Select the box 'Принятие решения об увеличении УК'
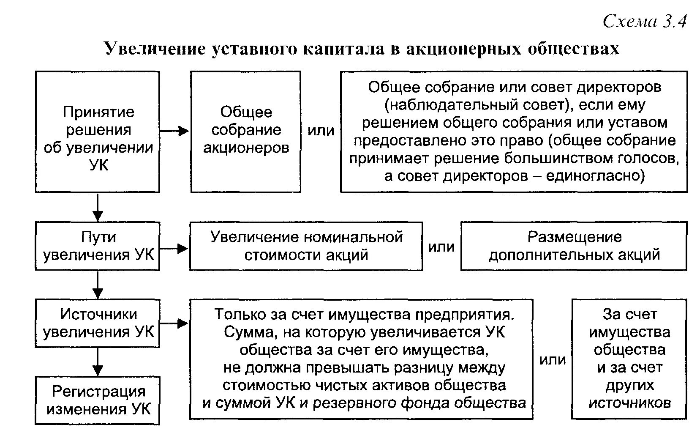(x=98, y=132)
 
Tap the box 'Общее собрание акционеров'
(x=245, y=132)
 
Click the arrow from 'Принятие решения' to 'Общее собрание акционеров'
(x=174, y=132)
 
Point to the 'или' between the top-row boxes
(x=321, y=131)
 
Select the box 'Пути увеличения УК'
(x=98, y=246)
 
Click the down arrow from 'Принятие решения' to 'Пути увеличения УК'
(x=98, y=207)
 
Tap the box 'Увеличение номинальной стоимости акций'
(x=306, y=246)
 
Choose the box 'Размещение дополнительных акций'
(x=574, y=246)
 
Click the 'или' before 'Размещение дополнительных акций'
(x=441, y=247)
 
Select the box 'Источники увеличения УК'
(x=98, y=323)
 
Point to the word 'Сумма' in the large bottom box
(x=245, y=332)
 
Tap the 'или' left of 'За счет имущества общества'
(x=552, y=360)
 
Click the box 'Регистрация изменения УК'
(x=98, y=400)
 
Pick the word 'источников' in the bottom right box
(x=629, y=403)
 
